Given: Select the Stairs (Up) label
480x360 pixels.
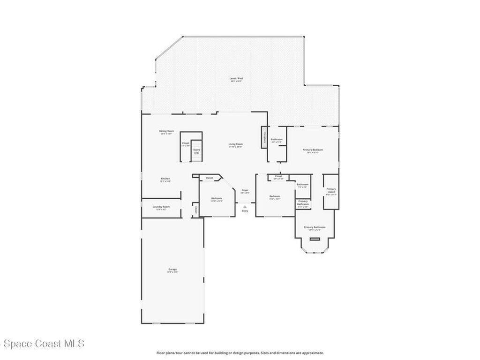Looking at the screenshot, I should [x=196, y=151].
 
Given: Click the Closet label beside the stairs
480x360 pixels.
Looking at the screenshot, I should [x=186, y=144].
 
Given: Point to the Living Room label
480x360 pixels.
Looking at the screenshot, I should [x=235, y=145].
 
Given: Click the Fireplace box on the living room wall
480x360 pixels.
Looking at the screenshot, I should [x=264, y=137].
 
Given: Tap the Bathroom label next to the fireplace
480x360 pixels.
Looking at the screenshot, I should [x=277, y=140].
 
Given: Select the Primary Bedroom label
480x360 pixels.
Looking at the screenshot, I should [x=313, y=150].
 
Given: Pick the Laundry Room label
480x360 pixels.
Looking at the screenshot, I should [x=161, y=207].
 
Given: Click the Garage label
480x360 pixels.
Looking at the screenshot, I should [x=172, y=270].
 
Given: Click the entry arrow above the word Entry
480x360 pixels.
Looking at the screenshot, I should [x=245, y=206].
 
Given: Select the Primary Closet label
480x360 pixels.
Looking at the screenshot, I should [x=331, y=191].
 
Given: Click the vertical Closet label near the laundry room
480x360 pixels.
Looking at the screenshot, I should [x=195, y=210].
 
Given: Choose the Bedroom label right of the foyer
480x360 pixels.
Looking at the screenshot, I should [x=274, y=197].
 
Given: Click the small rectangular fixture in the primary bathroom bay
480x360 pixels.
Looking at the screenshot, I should [x=315, y=239].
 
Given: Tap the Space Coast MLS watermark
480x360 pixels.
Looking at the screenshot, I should [x=42, y=344].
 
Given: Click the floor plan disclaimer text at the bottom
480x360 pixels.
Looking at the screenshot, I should [x=240, y=353].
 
